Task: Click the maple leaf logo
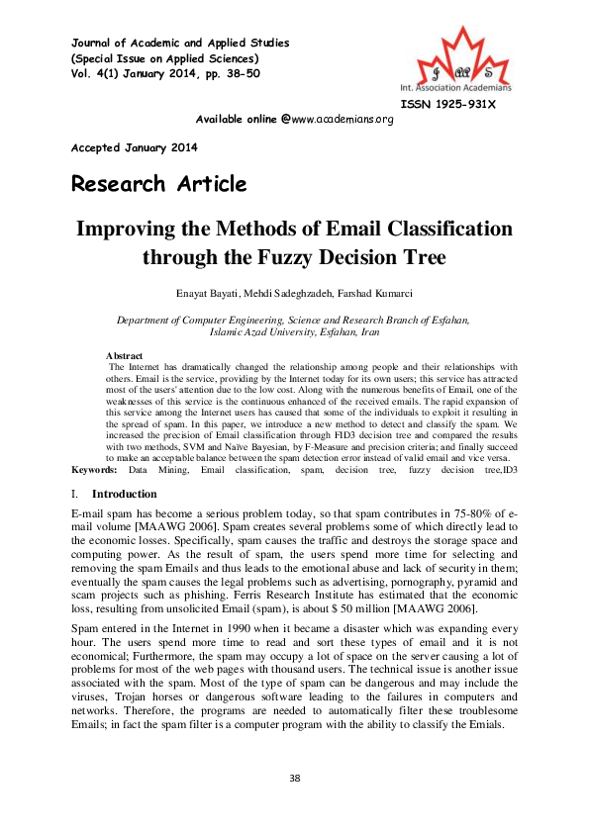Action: tap(463, 59)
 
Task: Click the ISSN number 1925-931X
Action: tap(448, 104)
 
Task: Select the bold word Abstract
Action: tap(124, 355)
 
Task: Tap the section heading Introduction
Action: tap(124, 494)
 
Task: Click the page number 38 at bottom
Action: tap(294, 779)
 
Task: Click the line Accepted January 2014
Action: tap(134, 147)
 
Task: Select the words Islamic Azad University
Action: tap(219, 333)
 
